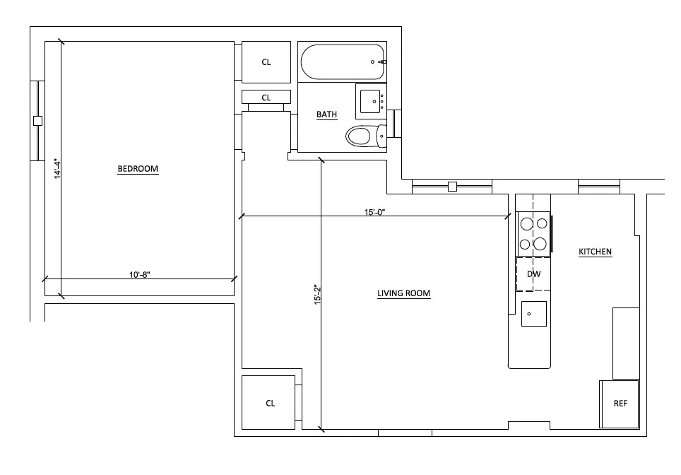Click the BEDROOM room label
click(x=138, y=169)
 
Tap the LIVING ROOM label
click(x=403, y=293)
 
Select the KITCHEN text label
click(x=595, y=252)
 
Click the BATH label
click(x=326, y=115)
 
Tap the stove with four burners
click(x=533, y=234)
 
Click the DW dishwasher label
click(x=533, y=274)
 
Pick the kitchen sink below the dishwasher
click(x=533, y=313)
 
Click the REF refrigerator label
click(x=620, y=404)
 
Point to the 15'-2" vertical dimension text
click(x=317, y=294)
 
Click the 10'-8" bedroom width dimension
click(x=139, y=274)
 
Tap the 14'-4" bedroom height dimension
click(x=57, y=170)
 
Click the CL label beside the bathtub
click(x=266, y=62)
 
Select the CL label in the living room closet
click(x=270, y=403)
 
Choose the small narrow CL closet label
click(x=266, y=98)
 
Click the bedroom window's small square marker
click(x=38, y=121)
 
